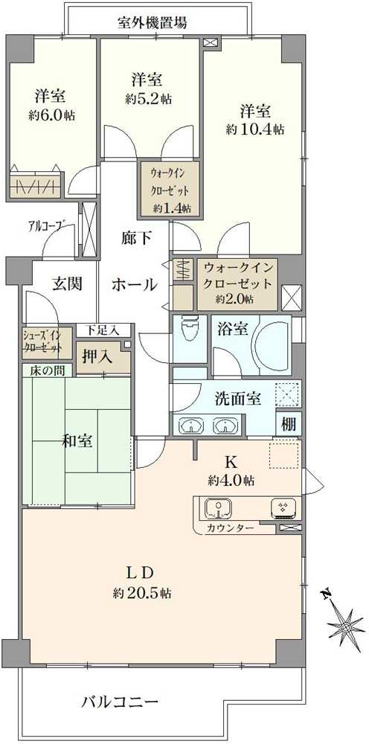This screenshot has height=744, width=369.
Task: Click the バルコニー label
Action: [120, 701]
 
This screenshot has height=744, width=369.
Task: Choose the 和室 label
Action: [77, 441]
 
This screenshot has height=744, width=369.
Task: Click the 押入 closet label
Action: [97, 356]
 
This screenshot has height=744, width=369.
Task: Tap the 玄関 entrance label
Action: [67, 283]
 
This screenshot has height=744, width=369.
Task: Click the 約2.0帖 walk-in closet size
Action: [236, 299]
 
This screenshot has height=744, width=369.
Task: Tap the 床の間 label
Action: [42, 371]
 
